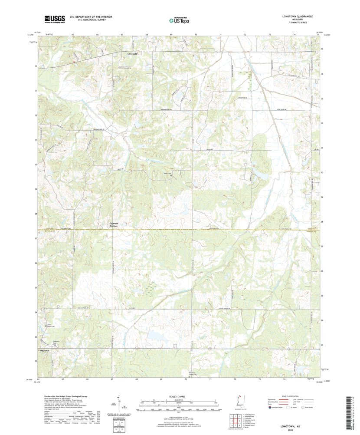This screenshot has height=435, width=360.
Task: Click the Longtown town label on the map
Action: pos(44,349)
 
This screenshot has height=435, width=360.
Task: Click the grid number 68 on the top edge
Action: pos(147,34)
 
